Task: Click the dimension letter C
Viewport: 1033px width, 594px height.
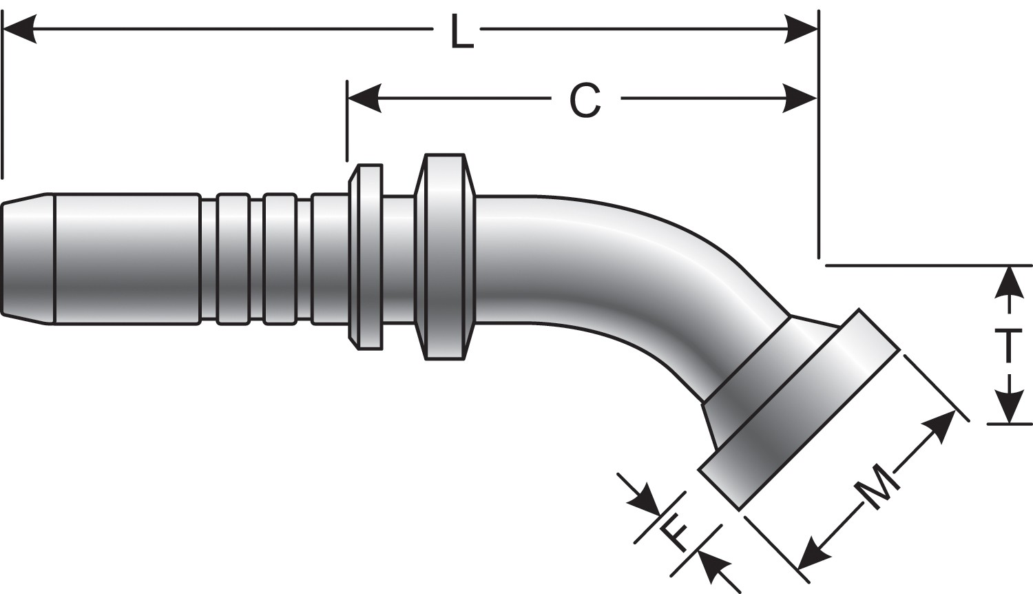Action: [586, 100]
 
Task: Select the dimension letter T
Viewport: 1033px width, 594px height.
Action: [1010, 346]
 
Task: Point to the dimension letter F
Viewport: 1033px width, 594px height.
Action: [674, 531]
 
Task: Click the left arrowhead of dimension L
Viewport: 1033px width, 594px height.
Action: [19, 30]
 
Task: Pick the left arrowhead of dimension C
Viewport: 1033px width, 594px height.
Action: [364, 99]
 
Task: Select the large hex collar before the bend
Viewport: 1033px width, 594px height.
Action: [444, 256]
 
